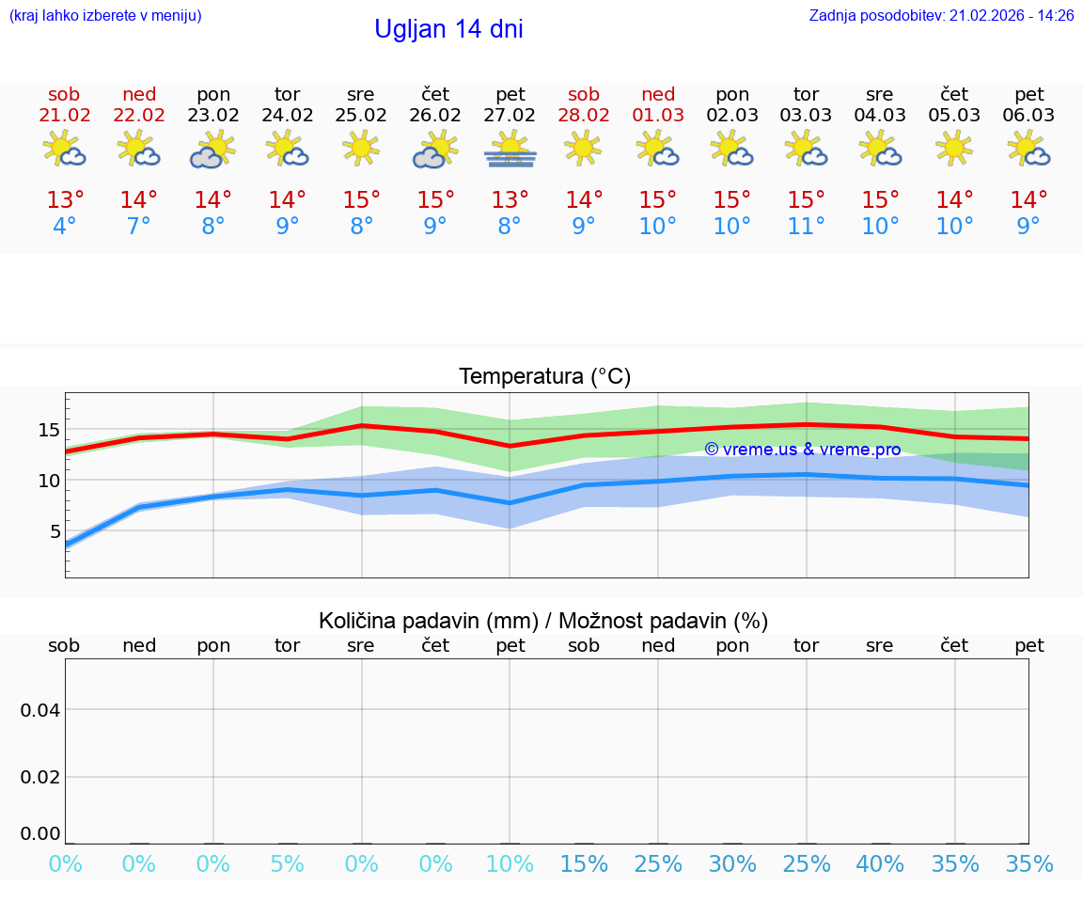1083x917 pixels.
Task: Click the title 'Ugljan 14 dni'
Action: [448, 29]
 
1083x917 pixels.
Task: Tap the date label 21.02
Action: [65, 116]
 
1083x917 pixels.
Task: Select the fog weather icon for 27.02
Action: [510, 150]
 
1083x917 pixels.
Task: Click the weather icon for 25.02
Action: [361, 149]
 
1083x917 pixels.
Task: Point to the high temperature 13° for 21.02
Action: [65, 199]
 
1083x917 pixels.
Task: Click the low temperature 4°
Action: [65, 227]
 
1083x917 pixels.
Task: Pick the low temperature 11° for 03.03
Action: [807, 227]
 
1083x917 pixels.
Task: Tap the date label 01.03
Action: [658, 116]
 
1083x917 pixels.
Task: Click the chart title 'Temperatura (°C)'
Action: [544, 377]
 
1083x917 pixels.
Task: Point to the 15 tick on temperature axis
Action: [49, 430]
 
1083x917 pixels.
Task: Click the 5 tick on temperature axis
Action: [55, 531]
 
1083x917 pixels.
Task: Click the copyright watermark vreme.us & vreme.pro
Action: [803, 450]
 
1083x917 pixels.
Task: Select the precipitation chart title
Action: [543, 621]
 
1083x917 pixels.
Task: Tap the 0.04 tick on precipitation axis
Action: [40, 710]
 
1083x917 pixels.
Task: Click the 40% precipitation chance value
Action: [881, 864]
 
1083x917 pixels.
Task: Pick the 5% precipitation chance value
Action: [288, 864]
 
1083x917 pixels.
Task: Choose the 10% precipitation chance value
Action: [510, 864]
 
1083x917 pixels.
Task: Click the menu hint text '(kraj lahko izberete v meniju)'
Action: [105, 15]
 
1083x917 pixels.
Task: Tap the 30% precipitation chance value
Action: [732, 864]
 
